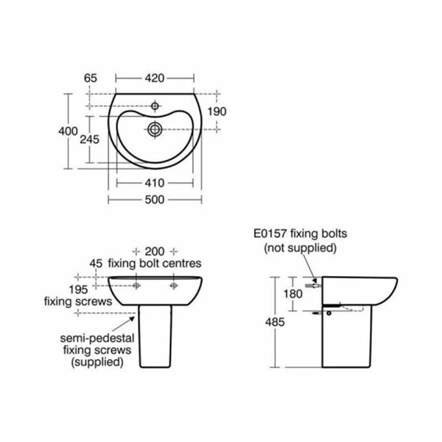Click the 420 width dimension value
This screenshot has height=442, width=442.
155,78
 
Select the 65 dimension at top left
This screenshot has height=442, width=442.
91,78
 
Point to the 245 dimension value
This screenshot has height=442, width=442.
90,140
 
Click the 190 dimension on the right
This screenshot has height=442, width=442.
217,112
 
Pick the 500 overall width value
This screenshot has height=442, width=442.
155,200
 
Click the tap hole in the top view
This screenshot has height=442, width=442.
155,105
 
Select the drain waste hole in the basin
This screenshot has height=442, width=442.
155,129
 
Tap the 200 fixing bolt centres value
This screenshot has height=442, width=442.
155,250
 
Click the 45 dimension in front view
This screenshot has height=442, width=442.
96,263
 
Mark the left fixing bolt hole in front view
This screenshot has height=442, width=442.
136,286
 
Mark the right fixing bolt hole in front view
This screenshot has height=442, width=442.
174,286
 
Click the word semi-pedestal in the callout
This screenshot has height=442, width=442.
93,338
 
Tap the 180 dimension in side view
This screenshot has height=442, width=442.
293,294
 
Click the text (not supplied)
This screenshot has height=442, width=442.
300,248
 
